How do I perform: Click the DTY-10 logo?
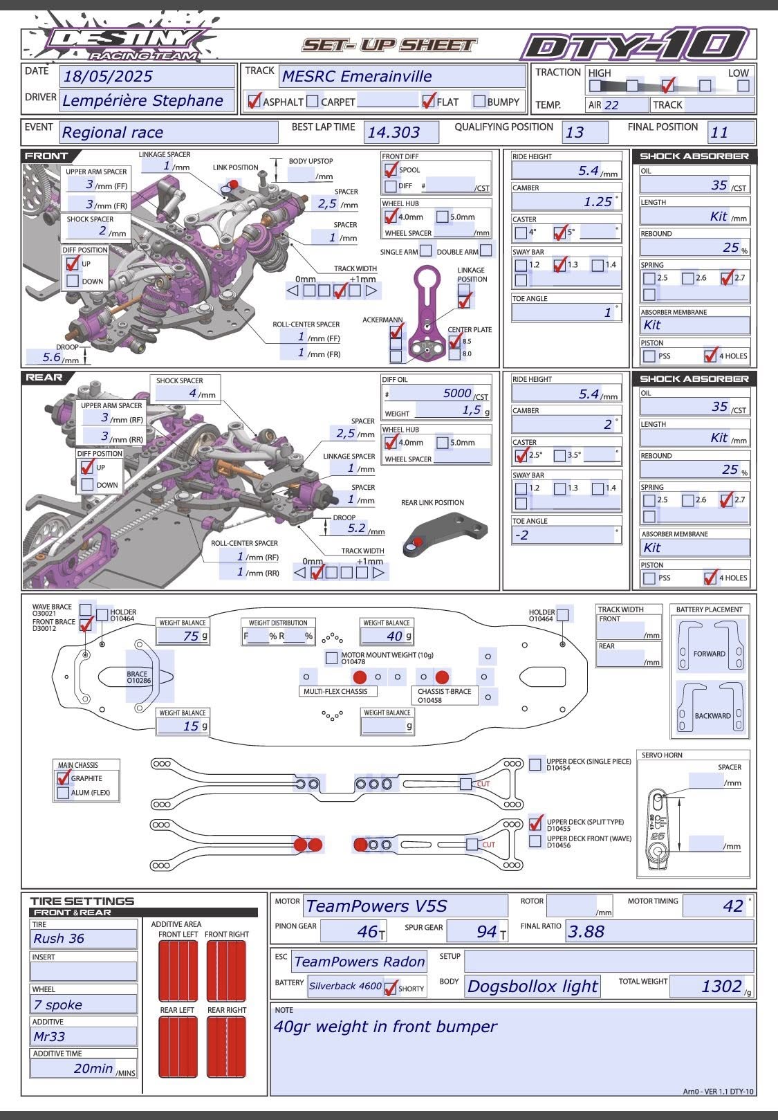[x=635, y=46]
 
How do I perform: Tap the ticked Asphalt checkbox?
[x=254, y=101]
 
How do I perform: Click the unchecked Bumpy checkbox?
[x=479, y=101]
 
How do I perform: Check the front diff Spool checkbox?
[x=391, y=169]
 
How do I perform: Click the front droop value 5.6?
[x=53, y=357]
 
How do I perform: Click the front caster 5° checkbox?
[x=560, y=232]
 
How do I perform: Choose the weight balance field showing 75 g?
[x=183, y=636]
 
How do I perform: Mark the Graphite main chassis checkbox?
[x=64, y=778]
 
